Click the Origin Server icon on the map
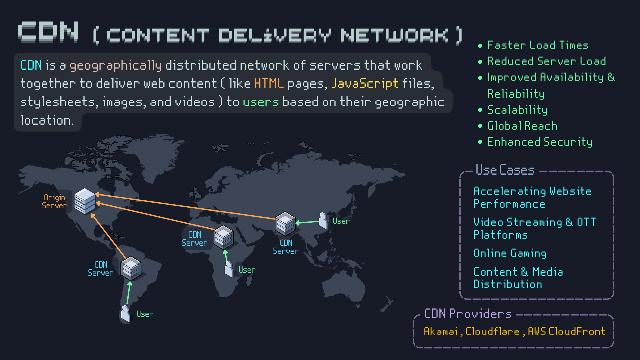[85, 201]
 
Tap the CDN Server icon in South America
[131, 268]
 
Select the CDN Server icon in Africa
[223, 237]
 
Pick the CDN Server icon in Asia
[285, 224]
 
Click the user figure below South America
[126, 314]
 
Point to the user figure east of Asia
[323, 221]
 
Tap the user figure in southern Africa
[229, 269]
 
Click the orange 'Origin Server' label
[54, 201]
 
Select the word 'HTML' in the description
[269, 83]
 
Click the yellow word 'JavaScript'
[365, 83]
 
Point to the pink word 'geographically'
[115, 65]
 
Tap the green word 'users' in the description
[261, 102]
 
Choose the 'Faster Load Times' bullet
[538, 45]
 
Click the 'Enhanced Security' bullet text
[540, 142]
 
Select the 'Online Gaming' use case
[510, 253]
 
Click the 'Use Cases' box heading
[505, 170]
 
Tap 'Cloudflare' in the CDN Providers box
[492, 331]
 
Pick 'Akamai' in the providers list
[441, 331]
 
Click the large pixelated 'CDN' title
[48, 32]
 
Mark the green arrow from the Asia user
[307, 222]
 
